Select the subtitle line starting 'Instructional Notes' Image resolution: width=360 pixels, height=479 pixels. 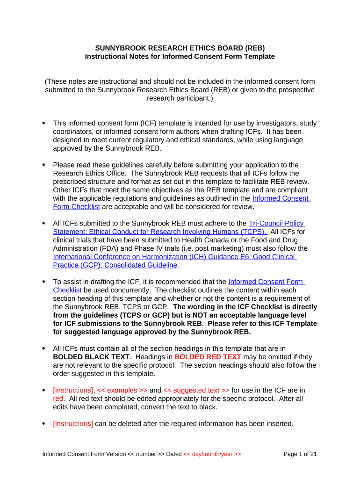(x=180, y=57)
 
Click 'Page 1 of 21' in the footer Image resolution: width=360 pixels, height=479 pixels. (x=300, y=454)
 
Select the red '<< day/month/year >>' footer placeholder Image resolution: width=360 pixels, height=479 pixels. (x=212, y=454)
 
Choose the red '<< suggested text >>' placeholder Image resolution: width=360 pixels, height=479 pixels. (x=196, y=390)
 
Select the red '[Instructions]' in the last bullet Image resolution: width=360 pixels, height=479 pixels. (x=73, y=424)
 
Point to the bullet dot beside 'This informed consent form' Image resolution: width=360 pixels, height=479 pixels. (x=44, y=123)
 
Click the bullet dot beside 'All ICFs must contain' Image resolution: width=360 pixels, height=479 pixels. (x=44, y=348)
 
